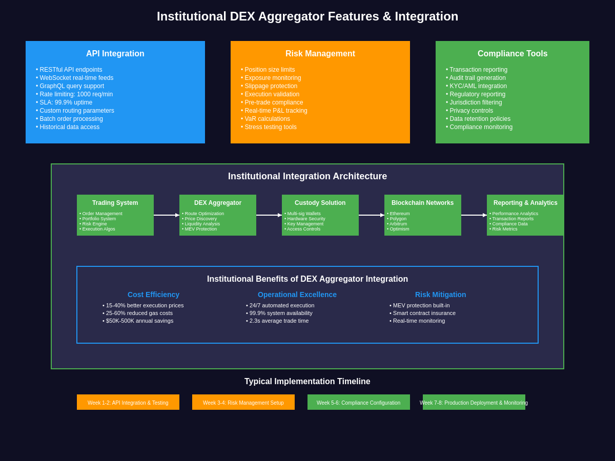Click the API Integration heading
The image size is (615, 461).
click(115, 54)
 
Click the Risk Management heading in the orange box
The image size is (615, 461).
click(320, 54)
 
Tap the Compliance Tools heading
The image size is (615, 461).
click(512, 54)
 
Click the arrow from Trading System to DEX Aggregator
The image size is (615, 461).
click(167, 215)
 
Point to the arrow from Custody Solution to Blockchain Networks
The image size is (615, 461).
click(372, 215)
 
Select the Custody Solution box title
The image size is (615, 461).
click(320, 203)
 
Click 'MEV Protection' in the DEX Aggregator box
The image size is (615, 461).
click(200, 229)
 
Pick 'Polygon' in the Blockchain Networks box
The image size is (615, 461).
click(398, 219)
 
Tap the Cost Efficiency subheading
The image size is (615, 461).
click(153, 295)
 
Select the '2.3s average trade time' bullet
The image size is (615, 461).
click(279, 321)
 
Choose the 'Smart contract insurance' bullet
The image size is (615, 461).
click(424, 313)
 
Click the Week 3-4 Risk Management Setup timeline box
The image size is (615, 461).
click(243, 403)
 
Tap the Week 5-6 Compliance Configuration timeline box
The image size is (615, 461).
click(358, 403)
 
